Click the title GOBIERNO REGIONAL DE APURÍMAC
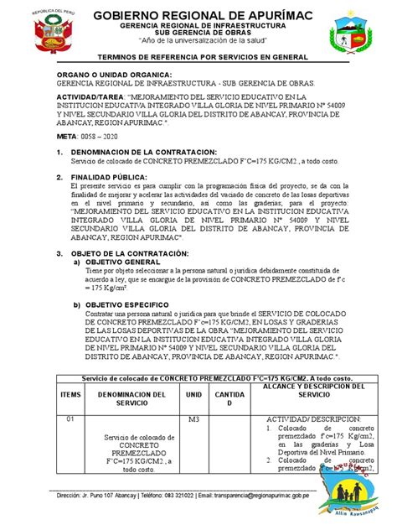(198, 16)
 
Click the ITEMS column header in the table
(71, 393)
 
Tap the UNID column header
(193, 393)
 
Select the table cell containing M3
(193, 418)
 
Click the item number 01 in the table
(71, 418)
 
